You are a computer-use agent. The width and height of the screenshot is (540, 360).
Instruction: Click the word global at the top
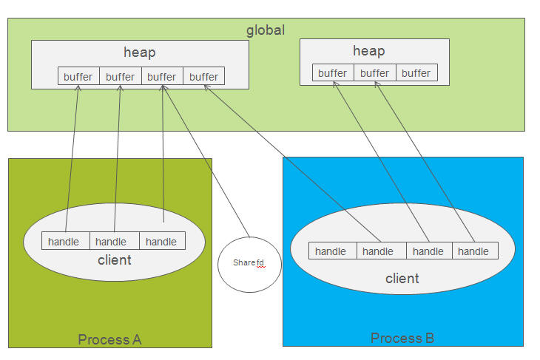click(266, 30)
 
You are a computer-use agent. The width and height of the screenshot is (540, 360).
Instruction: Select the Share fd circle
click(249, 263)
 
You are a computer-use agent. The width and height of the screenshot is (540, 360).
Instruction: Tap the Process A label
click(109, 339)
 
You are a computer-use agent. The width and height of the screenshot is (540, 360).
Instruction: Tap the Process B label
click(402, 338)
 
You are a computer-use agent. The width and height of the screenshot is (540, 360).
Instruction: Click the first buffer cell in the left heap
click(78, 76)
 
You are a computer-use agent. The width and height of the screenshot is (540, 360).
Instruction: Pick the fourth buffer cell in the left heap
click(203, 76)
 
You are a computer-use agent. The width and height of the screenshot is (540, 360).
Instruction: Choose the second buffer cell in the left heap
click(120, 76)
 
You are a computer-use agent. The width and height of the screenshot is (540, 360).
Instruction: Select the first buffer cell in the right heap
click(333, 72)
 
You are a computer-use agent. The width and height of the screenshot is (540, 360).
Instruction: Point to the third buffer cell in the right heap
click(416, 72)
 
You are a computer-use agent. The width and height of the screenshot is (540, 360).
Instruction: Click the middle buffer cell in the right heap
click(374, 72)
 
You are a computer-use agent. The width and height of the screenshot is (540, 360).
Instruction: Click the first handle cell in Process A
click(65, 241)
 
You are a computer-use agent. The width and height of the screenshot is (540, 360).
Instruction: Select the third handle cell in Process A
click(161, 241)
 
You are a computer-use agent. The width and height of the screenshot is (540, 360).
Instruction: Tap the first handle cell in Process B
click(332, 251)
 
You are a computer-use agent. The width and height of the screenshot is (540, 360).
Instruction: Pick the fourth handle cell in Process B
click(474, 251)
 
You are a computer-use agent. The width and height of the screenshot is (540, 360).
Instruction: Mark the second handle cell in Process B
click(380, 251)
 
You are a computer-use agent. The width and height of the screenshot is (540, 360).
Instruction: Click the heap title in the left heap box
click(139, 52)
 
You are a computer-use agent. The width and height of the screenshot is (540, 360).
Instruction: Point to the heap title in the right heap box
click(368, 50)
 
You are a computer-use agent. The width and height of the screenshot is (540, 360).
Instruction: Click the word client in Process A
click(114, 259)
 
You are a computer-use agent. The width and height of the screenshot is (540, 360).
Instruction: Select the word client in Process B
click(402, 278)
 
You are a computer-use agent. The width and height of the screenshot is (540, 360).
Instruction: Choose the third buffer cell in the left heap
click(161, 76)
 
